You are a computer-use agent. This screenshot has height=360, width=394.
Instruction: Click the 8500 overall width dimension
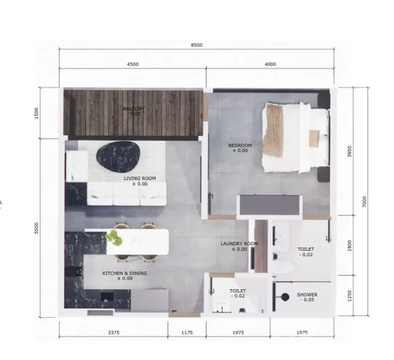pyautogui.click(x=196, y=45)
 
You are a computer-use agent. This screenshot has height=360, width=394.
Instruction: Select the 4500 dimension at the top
pyautogui.click(x=133, y=64)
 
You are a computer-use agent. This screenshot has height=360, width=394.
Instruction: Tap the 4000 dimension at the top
pyautogui.click(x=270, y=64)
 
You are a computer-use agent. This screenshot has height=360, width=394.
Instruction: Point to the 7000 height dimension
pyautogui.click(x=365, y=202)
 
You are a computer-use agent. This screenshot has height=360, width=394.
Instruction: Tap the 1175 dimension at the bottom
pyautogui.click(x=187, y=332)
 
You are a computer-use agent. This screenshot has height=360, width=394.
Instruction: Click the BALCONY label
pyautogui.click(x=133, y=109)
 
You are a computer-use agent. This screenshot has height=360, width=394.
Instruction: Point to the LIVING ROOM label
pyautogui.click(x=140, y=179)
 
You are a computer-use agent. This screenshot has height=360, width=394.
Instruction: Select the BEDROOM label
pyautogui.click(x=240, y=146)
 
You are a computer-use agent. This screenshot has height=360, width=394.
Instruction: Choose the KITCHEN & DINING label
pyautogui.click(x=124, y=274)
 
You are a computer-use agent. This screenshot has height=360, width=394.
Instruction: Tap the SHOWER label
pyautogui.click(x=307, y=295)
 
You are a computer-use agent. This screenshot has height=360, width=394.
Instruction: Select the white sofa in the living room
pyautogui.click(x=127, y=193)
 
